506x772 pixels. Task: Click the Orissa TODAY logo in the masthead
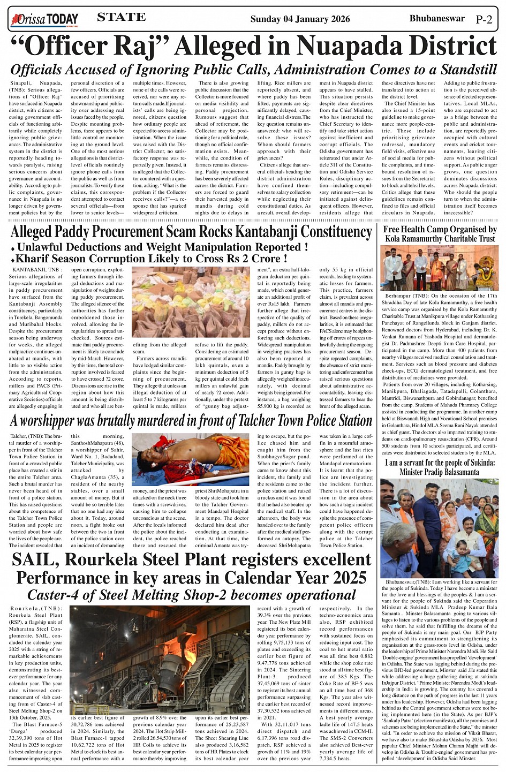tap(44, 19)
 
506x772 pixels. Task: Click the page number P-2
tap(484, 20)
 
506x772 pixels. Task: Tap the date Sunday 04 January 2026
tap(300, 19)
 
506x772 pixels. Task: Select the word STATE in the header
tap(122, 17)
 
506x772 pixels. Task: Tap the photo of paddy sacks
tap(191, 302)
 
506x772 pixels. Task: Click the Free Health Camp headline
tap(440, 234)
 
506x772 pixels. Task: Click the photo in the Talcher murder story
tap(191, 459)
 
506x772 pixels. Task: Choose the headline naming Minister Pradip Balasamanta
tap(440, 467)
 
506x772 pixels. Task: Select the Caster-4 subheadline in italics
tap(191, 595)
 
